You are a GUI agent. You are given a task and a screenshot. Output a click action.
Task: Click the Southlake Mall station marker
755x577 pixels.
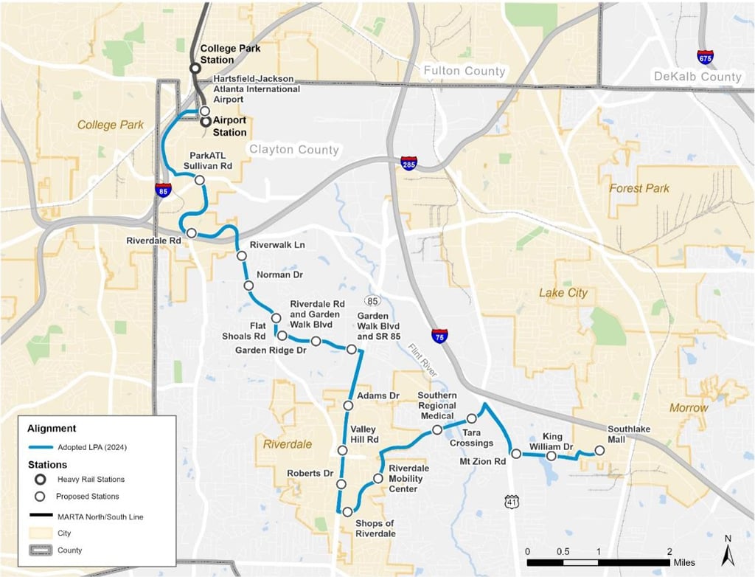point(599,450)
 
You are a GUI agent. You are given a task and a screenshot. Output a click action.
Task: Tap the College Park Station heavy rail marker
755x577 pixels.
point(195,67)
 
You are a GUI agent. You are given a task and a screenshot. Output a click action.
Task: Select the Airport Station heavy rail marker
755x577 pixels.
point(206,122)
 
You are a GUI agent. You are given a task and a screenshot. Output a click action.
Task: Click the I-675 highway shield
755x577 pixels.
point(705,57)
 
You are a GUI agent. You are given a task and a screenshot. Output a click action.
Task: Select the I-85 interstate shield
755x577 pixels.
point(164,190)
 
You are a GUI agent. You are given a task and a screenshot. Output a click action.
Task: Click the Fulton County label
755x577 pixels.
point(464,71)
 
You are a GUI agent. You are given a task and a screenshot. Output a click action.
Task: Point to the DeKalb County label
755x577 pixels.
point(697,77)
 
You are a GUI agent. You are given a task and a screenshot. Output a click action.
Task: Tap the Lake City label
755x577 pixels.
point(563,293)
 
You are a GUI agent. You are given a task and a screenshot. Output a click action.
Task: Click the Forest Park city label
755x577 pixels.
point(639,188)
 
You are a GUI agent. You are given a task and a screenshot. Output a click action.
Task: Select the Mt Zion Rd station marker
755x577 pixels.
point(516,453)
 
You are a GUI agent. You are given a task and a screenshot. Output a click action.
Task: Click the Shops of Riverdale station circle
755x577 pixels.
point(347,511)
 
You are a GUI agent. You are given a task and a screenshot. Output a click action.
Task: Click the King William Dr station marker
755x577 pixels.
point(551,456)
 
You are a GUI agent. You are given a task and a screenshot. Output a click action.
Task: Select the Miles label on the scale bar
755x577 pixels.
point(683,562)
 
